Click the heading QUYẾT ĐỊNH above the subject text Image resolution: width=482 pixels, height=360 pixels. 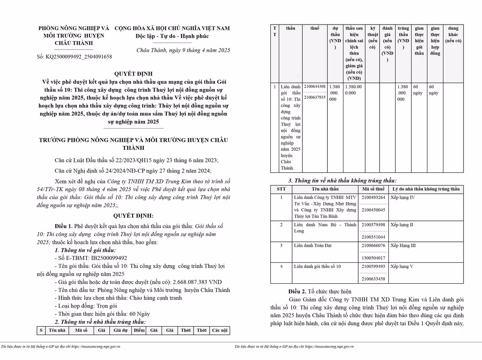click(x=134, y=74)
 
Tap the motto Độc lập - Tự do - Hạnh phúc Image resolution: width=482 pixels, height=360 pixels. click(x=172, y=36)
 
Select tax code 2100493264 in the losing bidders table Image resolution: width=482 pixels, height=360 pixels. click(x=373, y=198)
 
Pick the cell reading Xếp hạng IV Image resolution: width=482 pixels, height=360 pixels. click(x=403, y=198)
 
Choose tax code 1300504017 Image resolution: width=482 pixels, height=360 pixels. click(x=373, y=258)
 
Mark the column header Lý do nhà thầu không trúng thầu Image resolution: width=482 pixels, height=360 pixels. click(x=426, y=189)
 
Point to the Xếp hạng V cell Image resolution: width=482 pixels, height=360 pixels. click(x=402, y=266)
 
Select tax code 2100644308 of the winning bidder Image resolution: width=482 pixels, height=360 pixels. click(x=315, y=87)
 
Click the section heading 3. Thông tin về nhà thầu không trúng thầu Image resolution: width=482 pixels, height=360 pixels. click(x=342, y=181)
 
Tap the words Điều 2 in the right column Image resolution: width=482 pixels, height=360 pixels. click(x=297, y=291)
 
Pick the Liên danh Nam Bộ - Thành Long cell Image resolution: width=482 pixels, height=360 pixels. click(x=325, y=228)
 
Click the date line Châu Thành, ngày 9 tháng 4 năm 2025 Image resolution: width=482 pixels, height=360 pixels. click(x=183, y=50)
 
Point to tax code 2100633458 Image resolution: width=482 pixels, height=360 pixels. click(x=373, y=279)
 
